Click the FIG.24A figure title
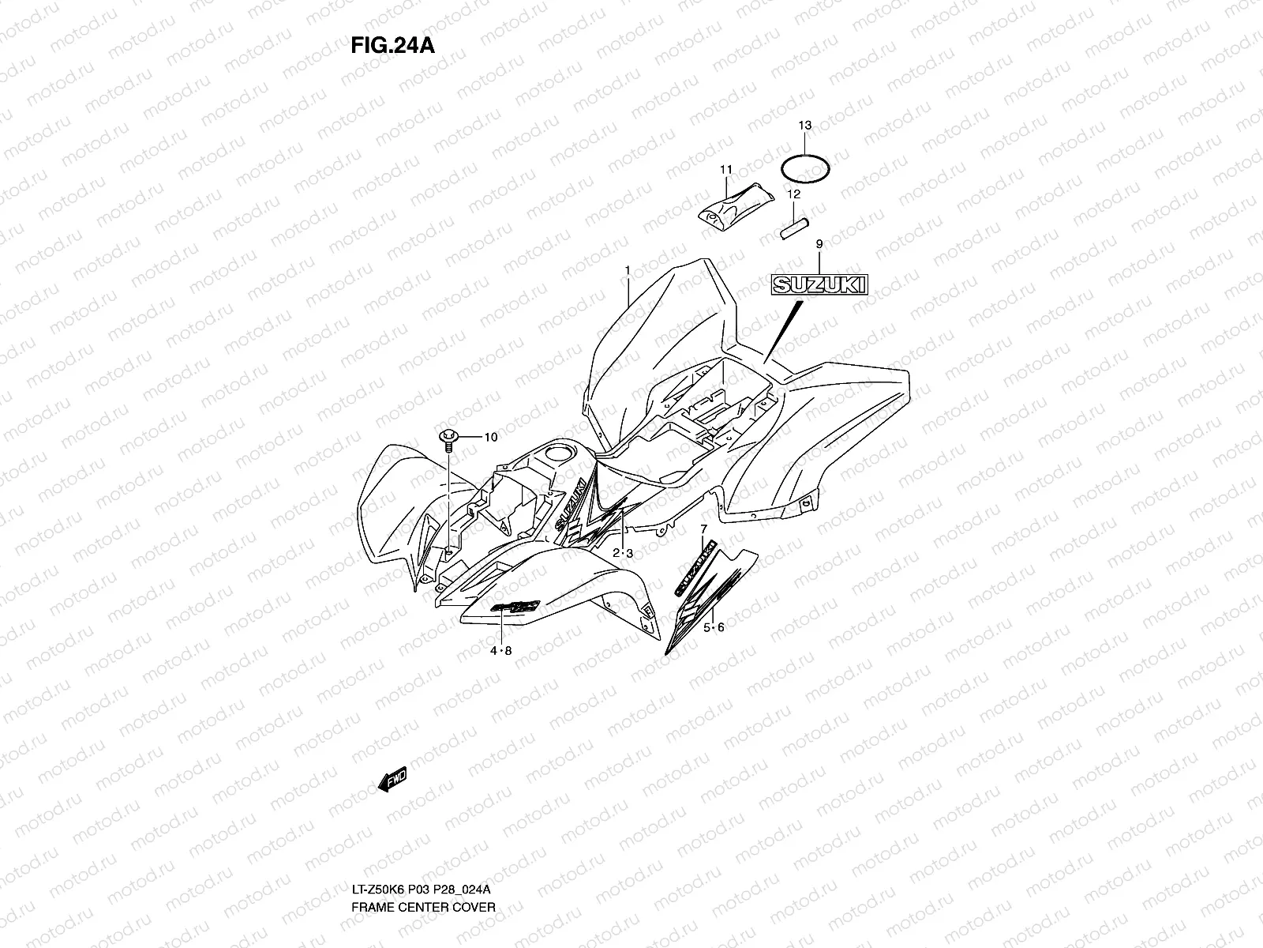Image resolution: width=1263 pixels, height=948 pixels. tap(392, 45)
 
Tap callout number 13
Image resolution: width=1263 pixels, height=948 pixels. tap(804, 126)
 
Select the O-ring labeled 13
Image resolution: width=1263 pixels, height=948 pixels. tap(805, 168)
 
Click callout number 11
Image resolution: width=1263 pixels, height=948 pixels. tap(726, 169)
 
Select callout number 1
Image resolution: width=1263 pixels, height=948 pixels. tap(628, 270)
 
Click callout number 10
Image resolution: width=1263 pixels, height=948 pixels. tap(491, 437)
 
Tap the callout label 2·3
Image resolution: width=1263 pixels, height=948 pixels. tap(624, 554)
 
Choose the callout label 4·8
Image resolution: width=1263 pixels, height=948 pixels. tap(501, 651)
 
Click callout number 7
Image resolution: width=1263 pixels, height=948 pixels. tap(703, 528)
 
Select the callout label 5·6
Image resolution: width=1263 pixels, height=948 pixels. tap(715, 627)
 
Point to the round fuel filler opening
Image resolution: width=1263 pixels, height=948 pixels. tap(560, 455)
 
